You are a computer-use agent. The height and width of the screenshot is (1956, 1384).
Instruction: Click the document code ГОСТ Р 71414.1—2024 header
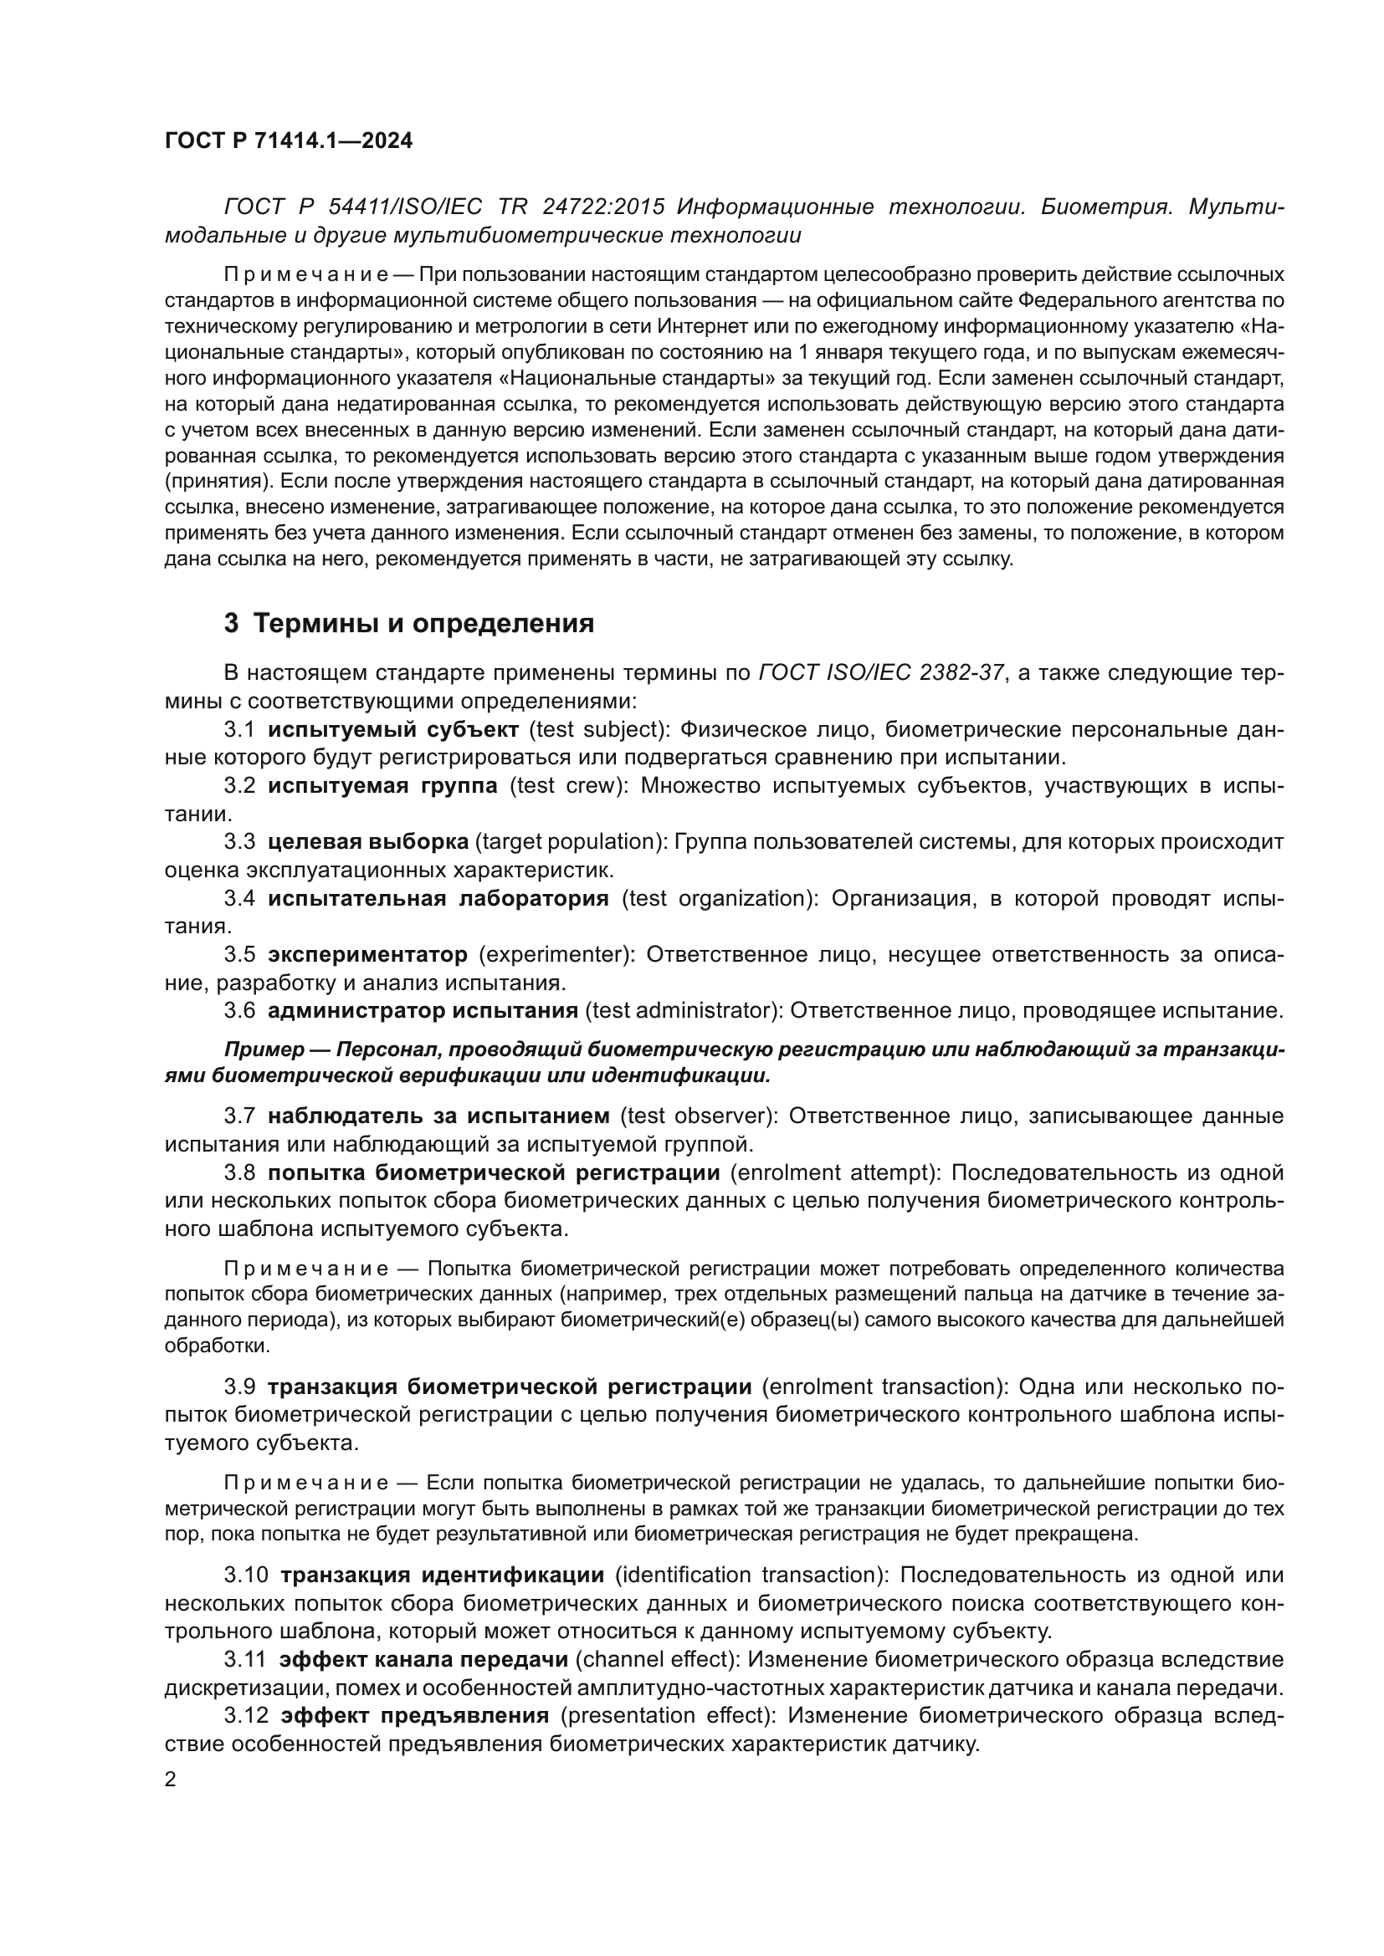288,141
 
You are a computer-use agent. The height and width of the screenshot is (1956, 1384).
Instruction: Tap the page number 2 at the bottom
171,1780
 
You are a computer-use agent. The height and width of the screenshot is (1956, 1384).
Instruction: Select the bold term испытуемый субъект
393,729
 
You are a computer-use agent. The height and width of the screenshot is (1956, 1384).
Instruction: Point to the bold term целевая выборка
367,842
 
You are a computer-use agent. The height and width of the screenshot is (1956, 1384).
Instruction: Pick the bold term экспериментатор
367,954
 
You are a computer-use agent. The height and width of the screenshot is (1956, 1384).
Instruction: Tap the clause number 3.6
239,1010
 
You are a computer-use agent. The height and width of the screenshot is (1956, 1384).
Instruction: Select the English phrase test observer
698,1116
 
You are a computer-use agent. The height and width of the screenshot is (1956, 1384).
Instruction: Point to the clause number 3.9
239,1387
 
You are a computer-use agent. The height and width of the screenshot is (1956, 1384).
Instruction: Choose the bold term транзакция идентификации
442,1575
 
